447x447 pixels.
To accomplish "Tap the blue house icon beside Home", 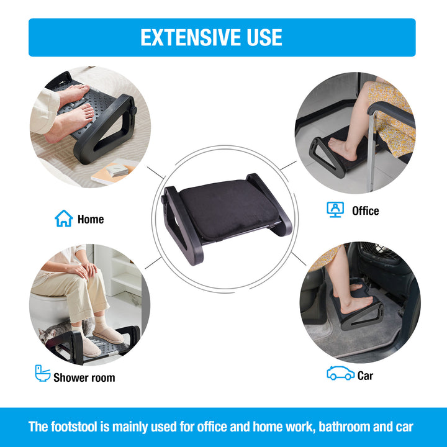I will pyautogui.click(x=64, y=219).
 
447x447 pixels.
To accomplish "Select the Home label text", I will pyautogui.click(x=91, y=219).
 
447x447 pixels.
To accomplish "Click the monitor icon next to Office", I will pyautogui.click(x=335, y=209).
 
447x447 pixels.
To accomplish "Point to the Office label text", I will pyautogui.click(x=365, y=211).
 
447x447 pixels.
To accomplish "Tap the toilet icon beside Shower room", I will pyautogui.click(x=42, y=373).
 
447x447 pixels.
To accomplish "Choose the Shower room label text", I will pyautogui.click(x=84, y=377).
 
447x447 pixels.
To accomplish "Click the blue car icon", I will pyautogui.click(x=340, y=373).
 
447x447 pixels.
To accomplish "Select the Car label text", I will pyautogui.click(x=366, y=376).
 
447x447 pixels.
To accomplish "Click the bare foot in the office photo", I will pyautogui.click(x=343, y=148).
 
